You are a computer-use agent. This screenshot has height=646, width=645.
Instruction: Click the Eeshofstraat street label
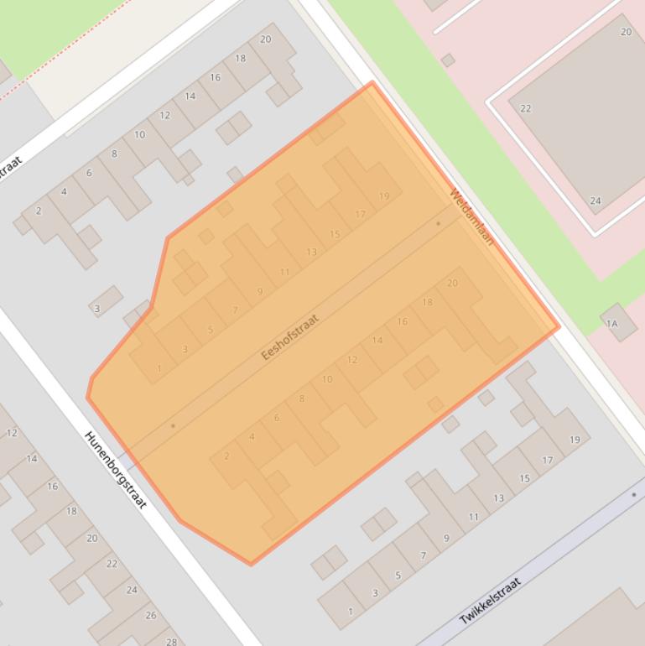290,337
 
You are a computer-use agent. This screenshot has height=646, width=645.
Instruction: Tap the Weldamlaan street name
471,217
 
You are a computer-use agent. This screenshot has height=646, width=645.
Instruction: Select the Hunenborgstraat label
116,470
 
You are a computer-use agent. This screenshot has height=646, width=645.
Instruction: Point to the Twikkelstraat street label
490,601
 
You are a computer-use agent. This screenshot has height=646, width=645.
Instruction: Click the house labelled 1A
611,324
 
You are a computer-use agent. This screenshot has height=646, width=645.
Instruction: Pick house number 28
172,642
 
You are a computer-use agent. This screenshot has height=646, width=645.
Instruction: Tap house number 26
151,615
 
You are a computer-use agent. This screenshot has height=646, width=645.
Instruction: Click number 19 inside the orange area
384,196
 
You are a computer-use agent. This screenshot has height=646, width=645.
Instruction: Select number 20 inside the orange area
453,283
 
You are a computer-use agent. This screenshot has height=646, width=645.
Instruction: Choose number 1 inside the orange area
159,368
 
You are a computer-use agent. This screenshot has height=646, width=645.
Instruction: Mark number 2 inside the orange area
226,456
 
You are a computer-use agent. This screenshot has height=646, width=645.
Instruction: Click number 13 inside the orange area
312,252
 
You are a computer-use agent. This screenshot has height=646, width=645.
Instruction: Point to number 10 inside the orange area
327,379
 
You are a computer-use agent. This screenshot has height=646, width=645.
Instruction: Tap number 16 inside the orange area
403,321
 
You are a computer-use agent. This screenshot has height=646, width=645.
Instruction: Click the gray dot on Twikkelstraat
633,495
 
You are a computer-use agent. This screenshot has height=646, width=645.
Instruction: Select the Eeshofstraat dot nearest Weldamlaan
438,224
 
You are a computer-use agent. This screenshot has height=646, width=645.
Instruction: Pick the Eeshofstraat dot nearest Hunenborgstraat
174,425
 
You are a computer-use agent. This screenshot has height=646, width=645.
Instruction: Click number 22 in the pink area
526,108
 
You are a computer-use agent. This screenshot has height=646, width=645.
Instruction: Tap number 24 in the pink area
596,201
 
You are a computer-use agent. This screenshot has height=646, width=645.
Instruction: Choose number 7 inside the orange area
235,310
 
